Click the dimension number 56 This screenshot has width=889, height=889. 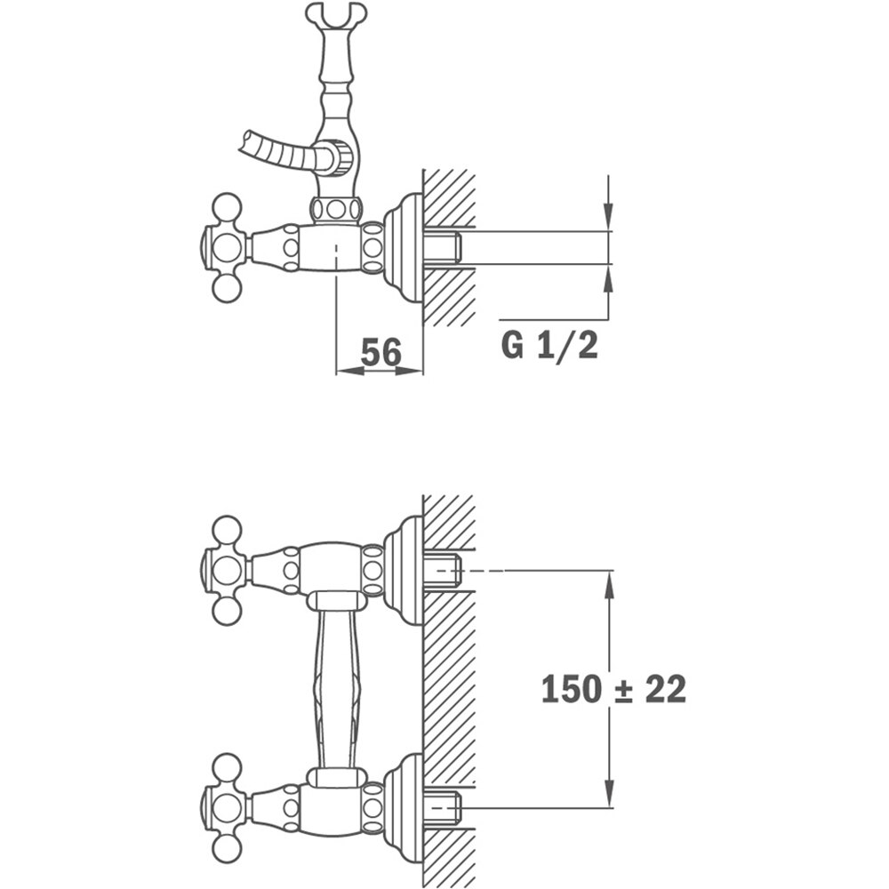click(381, 351)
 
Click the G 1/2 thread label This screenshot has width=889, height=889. click(549, 345)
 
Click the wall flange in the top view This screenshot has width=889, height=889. click(404, 248)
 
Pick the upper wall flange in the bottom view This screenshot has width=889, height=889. click(404, 571)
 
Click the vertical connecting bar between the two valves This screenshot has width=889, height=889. click(337, 689)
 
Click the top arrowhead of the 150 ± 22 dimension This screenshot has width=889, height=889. click(610, 585)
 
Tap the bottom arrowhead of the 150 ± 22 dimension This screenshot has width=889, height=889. click(610, 793)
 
